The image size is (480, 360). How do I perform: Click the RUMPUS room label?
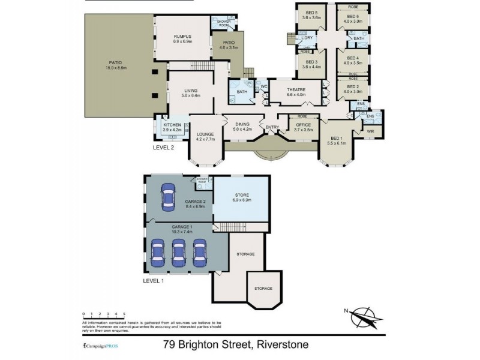(x=182, y=37)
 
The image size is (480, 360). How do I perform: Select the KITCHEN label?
(x=172, y=125)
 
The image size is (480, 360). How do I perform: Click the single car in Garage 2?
(x=168, y=196)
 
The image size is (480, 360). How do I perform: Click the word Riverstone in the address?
(x=282, y=345)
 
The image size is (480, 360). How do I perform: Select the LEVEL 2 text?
(x=164, y=146)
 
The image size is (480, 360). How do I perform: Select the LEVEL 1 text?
(x=154, y=280)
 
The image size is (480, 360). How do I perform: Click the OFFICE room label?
(x=304, y=126)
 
